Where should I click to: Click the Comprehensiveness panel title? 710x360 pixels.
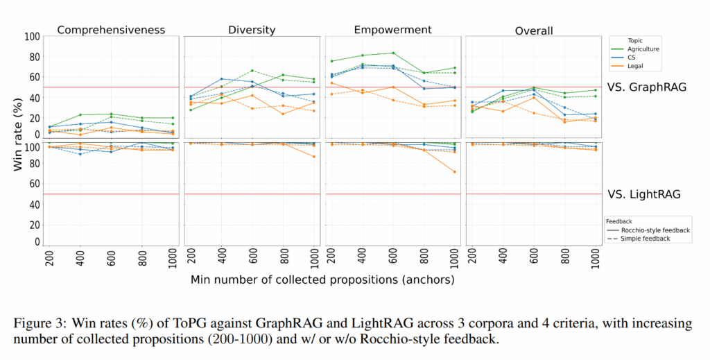111,30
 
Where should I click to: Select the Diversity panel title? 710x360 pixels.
252,30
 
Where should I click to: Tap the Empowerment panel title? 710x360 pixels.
392,30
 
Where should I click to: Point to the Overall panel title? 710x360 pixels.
533,31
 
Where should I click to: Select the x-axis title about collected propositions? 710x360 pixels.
322,280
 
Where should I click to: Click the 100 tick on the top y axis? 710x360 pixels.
31,37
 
